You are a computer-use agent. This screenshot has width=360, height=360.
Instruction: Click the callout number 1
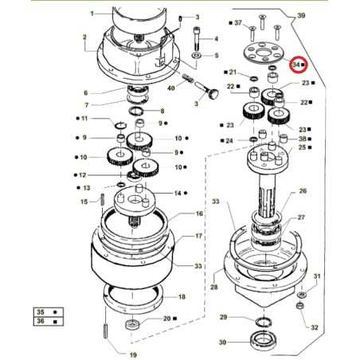92,14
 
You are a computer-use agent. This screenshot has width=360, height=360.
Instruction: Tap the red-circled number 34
296,63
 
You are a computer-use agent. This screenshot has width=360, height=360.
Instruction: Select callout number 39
300,15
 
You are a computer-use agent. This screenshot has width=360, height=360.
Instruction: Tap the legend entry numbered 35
40,311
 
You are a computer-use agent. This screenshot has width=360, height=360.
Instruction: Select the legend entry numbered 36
40,322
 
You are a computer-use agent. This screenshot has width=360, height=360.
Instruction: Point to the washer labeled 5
196,57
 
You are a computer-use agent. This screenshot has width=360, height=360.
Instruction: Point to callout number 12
84,174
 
